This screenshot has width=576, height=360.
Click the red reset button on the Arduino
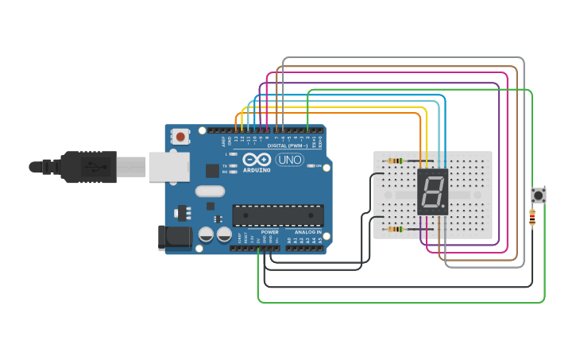point(180,137)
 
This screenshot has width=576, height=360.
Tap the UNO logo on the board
point(289,160)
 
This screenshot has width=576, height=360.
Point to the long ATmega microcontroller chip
point(277,215)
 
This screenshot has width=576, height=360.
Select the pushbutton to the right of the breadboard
point(538,195)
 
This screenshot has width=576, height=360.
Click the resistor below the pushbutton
point(532,217)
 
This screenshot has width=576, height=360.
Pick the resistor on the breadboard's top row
point(395,161)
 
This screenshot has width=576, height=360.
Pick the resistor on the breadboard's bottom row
point(395,230)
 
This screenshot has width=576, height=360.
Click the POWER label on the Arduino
point(269,232)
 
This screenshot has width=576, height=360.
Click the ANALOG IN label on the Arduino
point(308,232)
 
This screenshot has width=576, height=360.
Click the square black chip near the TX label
point(212,170)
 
